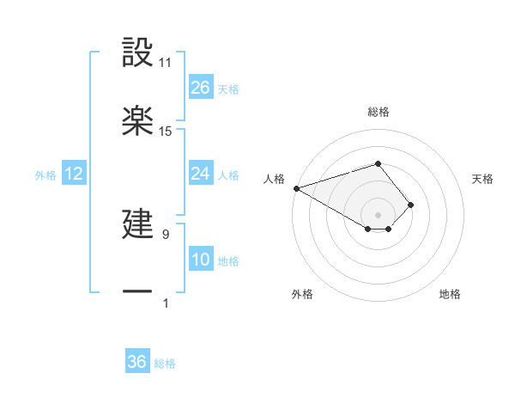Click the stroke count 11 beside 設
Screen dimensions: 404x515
click(x=166, y=63)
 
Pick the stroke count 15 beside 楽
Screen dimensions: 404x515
click(x=166, y=132)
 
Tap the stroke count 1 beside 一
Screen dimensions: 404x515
click(x=166, y=303)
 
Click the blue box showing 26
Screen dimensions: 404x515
click(x=201, y=88)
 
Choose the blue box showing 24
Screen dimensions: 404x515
click(x=201, y=174)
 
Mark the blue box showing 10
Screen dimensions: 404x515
click(x=201, y=260)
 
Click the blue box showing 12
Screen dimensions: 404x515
click(x=74, y=174)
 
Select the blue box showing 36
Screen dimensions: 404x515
click(x=137, y=362)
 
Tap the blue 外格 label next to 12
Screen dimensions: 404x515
click(x=45, y=175)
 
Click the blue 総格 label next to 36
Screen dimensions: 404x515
click(x=165, y=364)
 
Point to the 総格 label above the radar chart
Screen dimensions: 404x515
click(x=378, y=112)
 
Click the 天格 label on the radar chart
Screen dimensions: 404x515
click(x=483, y=179)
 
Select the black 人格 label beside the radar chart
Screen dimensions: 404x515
click(x=273, y=179)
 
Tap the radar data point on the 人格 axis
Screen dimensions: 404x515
click(x=295, y=188)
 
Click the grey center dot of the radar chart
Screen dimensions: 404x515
click(x=378, y=215)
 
